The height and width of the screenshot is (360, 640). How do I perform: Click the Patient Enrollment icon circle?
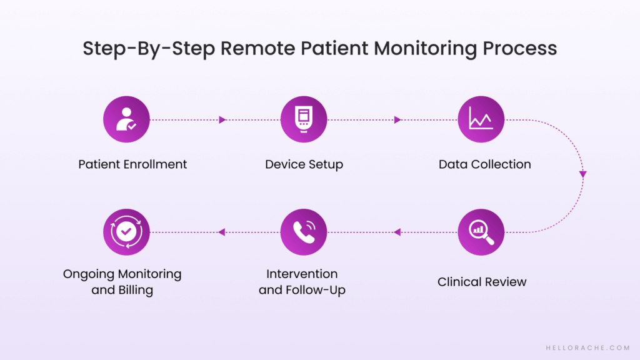(x=126, y=119)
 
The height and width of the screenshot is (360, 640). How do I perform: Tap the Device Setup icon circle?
(x=304, y=119)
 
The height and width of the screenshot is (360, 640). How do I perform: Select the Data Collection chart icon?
(x=481, y=119)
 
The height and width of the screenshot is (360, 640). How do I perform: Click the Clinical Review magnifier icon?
(x=481, y=232)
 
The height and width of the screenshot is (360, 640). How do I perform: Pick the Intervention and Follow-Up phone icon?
(x=304, y=232)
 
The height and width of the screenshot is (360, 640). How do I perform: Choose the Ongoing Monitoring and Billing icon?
(x=126, y=232)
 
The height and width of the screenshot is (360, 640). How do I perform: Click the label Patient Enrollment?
(x=132, y=164)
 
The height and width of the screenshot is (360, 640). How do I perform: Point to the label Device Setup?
(x=304, y=164)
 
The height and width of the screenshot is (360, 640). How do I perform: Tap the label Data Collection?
(x=484, y=164)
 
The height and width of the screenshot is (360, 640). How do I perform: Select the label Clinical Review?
(x=482, y=282)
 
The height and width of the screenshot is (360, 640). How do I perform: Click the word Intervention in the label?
(x=302, y=274)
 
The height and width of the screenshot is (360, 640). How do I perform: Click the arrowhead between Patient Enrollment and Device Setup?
(x=222, y=119)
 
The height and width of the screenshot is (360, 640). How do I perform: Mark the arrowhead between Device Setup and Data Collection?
(x=397, y=119)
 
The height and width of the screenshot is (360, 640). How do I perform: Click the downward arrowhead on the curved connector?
(x=582, y=174)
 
